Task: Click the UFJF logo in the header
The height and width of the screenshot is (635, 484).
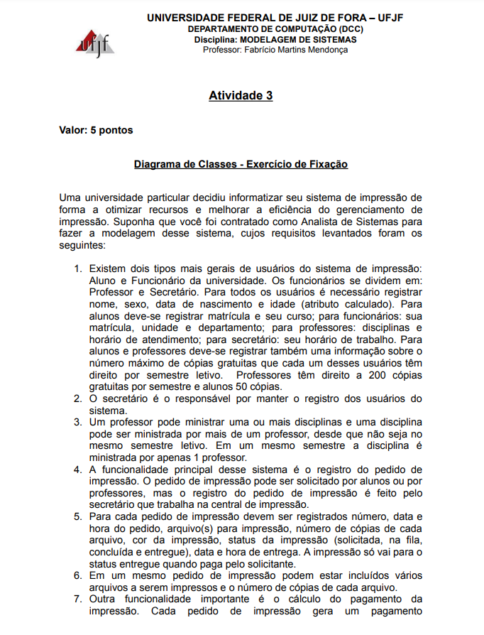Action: (93, 43)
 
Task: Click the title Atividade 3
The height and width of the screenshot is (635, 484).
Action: (241, 96)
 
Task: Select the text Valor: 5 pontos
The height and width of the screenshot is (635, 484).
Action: (95, 130)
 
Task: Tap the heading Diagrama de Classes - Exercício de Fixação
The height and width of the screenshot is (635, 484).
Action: (241, 164)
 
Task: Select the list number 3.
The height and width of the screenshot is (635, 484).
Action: (78, 422)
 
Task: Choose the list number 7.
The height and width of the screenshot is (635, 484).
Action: (78, 598)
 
